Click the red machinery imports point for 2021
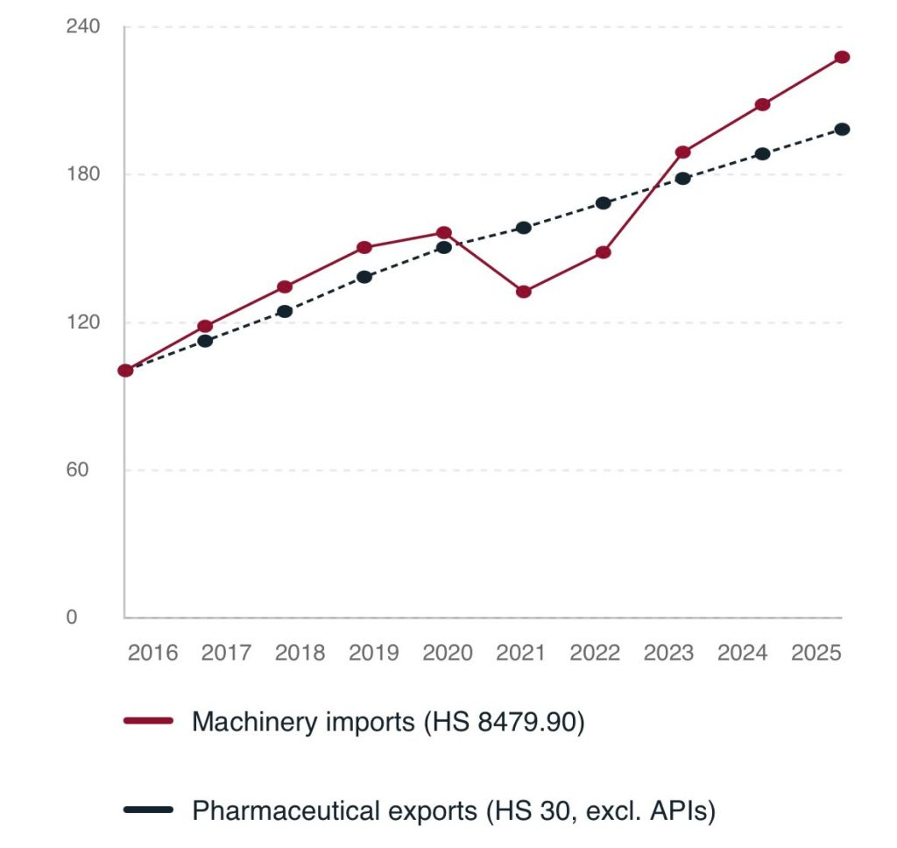524,292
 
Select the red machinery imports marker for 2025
842,57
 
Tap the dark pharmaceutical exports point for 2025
842,130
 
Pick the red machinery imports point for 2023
682,152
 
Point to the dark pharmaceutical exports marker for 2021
524,228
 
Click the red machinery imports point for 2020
444,233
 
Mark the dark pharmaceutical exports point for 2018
285,311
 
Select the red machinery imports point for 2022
603,252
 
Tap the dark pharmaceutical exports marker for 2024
763,154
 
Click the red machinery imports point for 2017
205,326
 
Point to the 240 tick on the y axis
83,26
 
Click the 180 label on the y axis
83,174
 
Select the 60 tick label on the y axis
77,470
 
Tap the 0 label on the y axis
72,618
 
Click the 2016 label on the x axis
152,653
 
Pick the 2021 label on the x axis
520,653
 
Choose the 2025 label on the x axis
816,653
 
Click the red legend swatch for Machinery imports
148,721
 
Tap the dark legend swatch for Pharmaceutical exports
148,809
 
